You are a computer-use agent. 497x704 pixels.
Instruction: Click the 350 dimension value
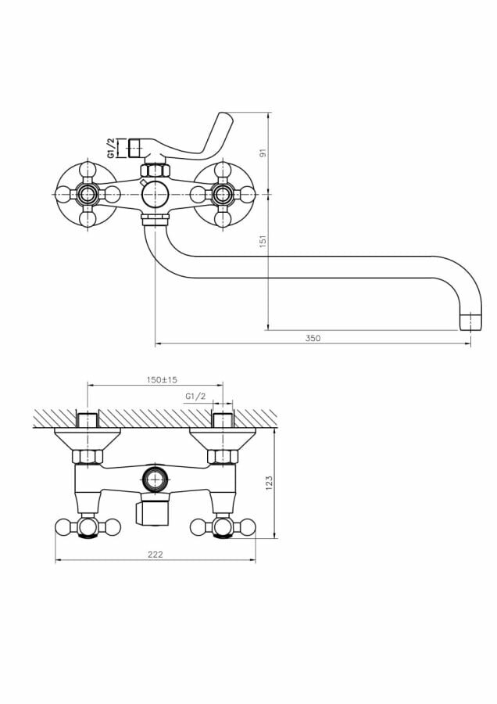[x=313, y=338]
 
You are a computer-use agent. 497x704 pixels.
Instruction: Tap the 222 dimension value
[x=156, y=554]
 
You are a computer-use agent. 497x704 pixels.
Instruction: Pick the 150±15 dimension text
[x=163, y=379]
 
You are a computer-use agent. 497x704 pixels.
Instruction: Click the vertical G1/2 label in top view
[x=112, y=149]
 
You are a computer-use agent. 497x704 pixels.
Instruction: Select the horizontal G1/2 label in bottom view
[x=195, y=397]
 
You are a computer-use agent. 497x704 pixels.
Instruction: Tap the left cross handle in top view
[x=88, y=193]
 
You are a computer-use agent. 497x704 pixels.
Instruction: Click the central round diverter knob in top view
[x=156, y=193]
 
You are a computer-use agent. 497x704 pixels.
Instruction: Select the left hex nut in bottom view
[x=87, y=456]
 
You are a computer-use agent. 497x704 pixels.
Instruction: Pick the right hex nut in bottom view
[x=222, y=456]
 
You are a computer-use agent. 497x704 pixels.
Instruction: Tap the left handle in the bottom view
[x=88, y=527]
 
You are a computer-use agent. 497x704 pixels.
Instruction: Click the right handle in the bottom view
[x=223, y=527]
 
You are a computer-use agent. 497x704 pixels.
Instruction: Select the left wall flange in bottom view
[x=87, y=436]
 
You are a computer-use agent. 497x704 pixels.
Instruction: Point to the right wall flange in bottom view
[x=223, y=436]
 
